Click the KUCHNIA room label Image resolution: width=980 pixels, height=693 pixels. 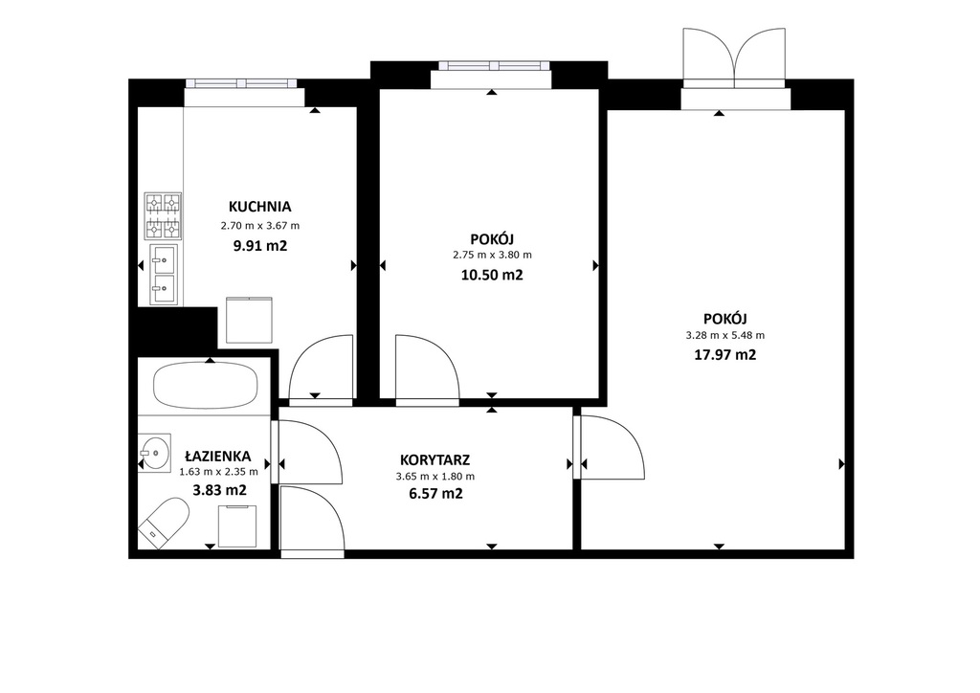click(x=260, y=207)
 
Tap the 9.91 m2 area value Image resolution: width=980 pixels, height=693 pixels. click(x=260, y=246)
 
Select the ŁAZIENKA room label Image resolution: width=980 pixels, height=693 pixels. click(x=218, y=457)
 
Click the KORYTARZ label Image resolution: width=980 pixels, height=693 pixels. click(x=435, y=460)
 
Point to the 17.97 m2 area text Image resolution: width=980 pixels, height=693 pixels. click(x=725, y=355)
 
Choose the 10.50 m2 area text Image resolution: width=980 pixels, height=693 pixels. click(x=492, y=275)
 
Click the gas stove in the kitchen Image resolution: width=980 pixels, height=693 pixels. click(x=163, y=216)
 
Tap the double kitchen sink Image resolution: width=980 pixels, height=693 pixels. click(x=164, y=275)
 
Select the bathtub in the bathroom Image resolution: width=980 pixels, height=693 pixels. click(x=206, y=385)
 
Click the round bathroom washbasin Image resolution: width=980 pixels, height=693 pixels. click(x=154, y=451)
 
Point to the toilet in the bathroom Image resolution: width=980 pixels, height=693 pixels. click(x=164, y=523)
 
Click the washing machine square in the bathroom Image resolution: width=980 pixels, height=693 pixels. click(x=237, y=526)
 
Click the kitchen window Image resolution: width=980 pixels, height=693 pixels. click(x=241, y=83)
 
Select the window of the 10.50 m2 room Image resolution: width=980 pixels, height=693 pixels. click(x=495, y=66)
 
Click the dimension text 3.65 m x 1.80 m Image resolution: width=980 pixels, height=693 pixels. click(x=435, y=476)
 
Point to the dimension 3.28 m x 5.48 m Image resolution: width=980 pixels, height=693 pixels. click(x=725, y=336)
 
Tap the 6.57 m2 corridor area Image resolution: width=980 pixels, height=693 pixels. click(x=435, y=494)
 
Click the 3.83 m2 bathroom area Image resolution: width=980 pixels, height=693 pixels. click(x=219, y=490)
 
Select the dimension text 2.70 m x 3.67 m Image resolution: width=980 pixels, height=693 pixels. click(x=260, y=226)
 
